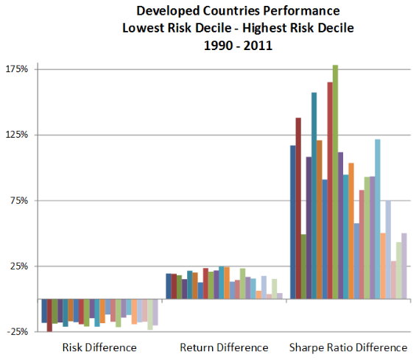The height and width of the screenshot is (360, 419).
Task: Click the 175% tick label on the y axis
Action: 16,69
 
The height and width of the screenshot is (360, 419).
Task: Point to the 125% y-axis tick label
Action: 16,135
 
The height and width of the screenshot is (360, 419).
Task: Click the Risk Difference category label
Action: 99,347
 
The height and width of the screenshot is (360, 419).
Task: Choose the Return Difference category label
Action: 224,347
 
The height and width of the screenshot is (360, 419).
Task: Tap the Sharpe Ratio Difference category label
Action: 348,347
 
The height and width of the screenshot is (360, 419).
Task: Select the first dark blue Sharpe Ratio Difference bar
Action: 292,222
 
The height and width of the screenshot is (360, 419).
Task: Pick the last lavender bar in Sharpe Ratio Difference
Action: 404,266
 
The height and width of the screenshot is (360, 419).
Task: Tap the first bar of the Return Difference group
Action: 168,286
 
